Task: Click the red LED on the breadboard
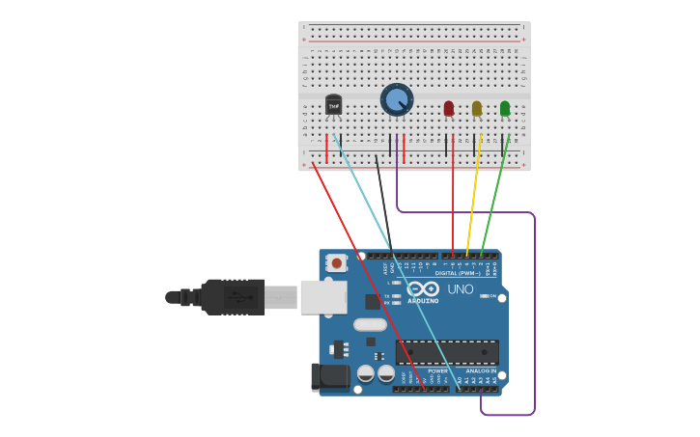pyautogui.click(x=448, y=108)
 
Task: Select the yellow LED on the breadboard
pyautogui.click(x=476, y=108)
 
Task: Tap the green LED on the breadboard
pyautogui.click(x=504, y=108)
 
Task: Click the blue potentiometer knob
pyautogui.click(x=396, y=98)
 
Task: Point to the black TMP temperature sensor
pyautogui.click(x=333, y=104)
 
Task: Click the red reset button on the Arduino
pyautogui.click(x=336, y=262)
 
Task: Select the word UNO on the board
pyautogui.click(x=461, y=288)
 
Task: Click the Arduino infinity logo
pyautogui.click(x=423, y=288)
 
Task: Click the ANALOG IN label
pyautogui.click(x=480, y=370)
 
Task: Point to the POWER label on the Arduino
pyautogui.click(x=437, y=370)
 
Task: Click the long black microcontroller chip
pyautogui.click(x=447, y=352)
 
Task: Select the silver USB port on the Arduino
pyautogui.click(x=322, y=297)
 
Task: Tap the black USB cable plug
pyautogui.click(x=232, y=297)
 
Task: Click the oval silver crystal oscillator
pyautogui.click(x=370, y=325)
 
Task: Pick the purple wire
pyautogui.click(x=534, y=309)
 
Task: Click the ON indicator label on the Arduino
pyautogui.click(x=491, y=296)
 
